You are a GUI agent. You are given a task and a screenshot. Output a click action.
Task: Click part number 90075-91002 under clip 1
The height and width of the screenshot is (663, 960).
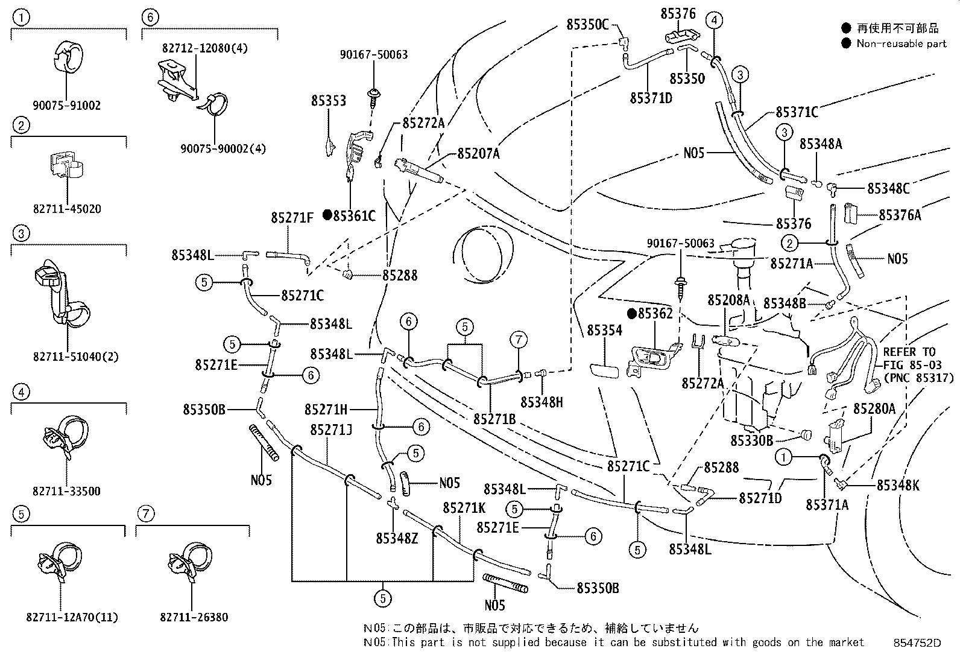coord(67,105)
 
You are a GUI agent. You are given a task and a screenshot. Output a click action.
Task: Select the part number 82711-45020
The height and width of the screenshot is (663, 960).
coord(67,209)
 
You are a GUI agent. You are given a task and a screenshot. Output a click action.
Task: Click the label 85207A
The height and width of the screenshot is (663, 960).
coord(478,154)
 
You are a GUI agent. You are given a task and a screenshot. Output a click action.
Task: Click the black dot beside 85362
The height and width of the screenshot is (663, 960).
coord(631,314)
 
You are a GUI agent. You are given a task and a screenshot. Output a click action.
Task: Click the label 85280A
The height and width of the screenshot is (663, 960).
coord(874,409)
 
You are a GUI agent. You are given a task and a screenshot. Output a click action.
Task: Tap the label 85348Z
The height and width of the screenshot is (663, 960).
coord(396,538)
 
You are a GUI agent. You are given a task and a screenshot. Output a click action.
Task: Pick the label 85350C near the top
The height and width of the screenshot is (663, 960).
coord(587,24)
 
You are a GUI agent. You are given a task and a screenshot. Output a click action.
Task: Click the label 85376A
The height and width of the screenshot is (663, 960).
coord(899,215)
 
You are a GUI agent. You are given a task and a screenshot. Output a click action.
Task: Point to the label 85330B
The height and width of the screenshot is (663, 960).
coord(751,440)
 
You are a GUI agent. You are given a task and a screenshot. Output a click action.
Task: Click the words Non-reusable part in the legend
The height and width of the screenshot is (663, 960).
coord(902,43)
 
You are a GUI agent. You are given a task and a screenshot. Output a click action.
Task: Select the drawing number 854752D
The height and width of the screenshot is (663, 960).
coord(917,643)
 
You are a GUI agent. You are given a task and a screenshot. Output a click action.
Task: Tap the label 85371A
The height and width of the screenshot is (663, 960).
coord(827,505)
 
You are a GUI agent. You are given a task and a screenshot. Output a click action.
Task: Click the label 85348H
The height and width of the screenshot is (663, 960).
coord(542,402)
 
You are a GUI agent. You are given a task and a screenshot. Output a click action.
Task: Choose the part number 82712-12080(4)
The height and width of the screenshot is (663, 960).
coord(204,48)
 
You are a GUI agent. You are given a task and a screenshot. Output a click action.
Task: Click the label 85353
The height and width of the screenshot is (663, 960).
coord(329,100)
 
